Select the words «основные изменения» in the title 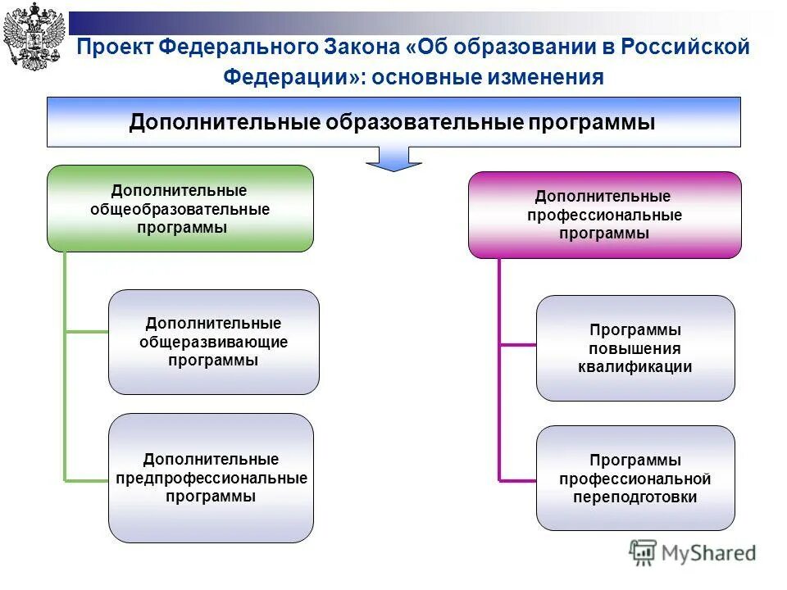click(489, 78)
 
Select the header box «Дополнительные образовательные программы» click(393, 122)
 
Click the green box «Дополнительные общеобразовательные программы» click(180, 208)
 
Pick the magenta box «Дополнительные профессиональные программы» click(603, 215)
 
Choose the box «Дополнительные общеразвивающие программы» click(213, 342)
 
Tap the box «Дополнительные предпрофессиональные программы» click(211, 478)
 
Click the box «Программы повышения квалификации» click(635, 348)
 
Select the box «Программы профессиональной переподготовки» click(635, 478)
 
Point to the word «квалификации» click(635, 367)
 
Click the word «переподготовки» click(635, 497)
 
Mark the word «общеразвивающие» click(213, 342)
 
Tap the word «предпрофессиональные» click(211, 478)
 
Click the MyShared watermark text click(705, 553)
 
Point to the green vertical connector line click(65, 369)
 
